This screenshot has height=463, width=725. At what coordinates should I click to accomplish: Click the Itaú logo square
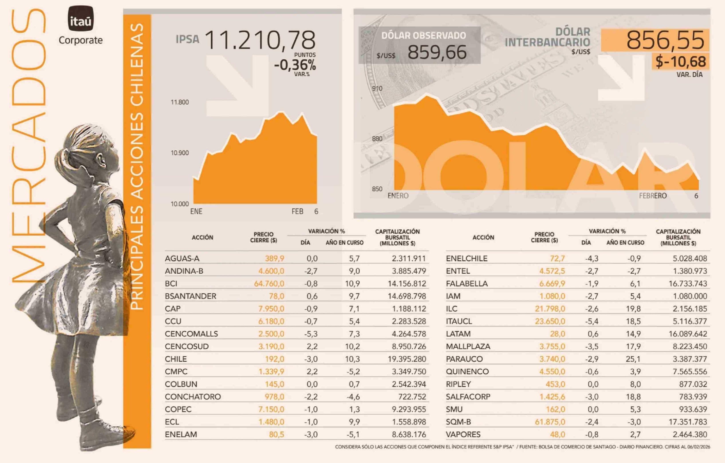coord(80,19)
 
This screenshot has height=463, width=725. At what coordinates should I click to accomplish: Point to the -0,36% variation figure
coord(295,65)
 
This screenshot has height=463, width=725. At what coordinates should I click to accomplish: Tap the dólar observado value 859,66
coord(437,52)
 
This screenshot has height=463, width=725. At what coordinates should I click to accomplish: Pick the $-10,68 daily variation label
coord(680,62)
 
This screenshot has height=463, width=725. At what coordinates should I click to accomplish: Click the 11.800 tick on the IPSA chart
coord(180,102)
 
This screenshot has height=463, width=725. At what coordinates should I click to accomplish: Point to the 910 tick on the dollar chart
coord(377,88)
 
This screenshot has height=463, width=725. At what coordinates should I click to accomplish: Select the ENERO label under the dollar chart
coord(398,196)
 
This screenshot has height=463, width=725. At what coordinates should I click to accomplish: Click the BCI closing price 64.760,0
coord(269,284)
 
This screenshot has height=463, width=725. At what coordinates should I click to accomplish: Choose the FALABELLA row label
coord(467,284)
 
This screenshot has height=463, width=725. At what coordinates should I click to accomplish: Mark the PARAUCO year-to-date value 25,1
coord(633,359)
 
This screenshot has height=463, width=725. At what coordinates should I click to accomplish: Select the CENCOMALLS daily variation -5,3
coord(311,334)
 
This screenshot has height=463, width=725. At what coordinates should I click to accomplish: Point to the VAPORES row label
coord(463,434)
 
